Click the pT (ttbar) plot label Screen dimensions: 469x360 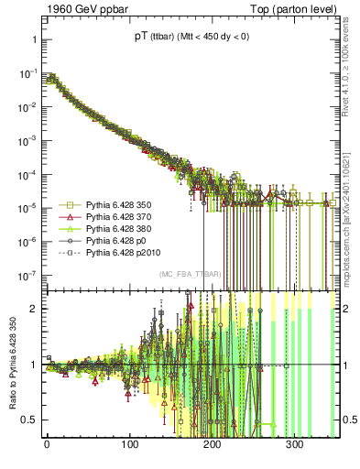click(191, 38)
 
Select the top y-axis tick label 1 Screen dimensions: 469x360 click(32, 39)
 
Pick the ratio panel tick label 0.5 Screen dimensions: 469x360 click(28, 420)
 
